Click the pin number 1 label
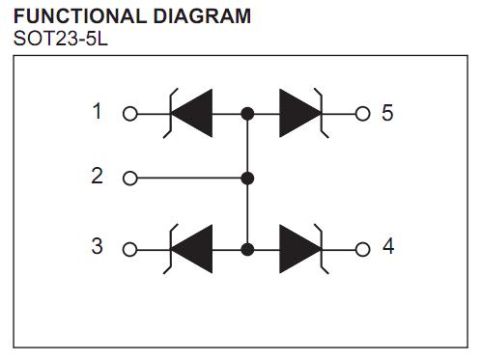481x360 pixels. pos(97,112)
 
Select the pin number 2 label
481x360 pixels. pos(97,177)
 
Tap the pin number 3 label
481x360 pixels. pos(97,246)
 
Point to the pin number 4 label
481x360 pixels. pos(388,246)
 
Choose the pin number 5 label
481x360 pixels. pos(387,113)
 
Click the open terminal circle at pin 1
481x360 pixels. pos(130,113)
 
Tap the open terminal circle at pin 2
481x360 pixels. pos(130,179)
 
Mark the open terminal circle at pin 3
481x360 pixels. pos(130,248)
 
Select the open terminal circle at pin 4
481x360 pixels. pos(363,248)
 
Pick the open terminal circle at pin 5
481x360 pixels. pos(363,113)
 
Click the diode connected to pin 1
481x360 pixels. pos(192,113)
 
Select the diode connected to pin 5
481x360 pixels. pos(301,113)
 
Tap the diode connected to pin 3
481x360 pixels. pos(192,248)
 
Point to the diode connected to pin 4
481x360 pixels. pos(301,248)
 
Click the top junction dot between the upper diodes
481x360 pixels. pos(247,113)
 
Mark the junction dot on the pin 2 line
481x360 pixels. pos(247,179)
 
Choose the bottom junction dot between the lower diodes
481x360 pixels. pos(247,248)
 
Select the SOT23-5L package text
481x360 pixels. pos(57,40)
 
